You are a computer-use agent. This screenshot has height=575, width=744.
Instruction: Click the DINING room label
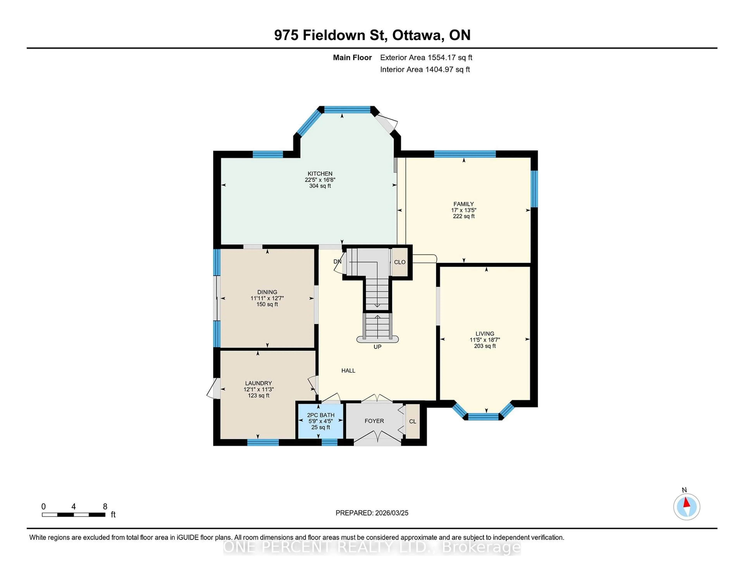pyautogui.click(x=267, y=292)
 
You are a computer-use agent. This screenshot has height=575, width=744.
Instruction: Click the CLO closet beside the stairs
pyautogui.click(x=400, y=262)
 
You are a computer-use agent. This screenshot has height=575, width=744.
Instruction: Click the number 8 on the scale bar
pyautogui.click(x=105, y=507)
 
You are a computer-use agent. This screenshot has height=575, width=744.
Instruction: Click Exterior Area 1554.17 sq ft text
pyautogui.click(x=426, y=58)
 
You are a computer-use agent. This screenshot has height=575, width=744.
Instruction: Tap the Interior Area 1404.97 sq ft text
pyautogui.click(x=425, y=70)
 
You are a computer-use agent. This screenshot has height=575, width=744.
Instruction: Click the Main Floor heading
pyautogui.click(x=352, y=58)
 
